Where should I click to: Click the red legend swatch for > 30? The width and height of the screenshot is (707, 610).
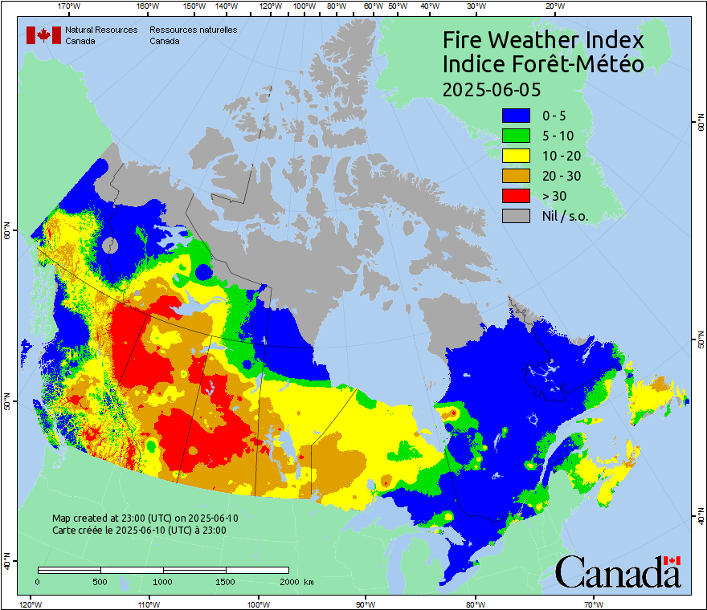(x=517, y=196)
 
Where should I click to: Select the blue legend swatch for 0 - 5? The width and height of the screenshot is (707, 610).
(x=517, y=116)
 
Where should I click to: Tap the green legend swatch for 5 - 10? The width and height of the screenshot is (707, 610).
(x=517, y=136)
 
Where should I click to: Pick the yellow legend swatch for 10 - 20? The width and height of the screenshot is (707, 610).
(x=517, y=156)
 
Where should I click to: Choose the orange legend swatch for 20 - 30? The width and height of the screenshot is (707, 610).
(x=517, y=176)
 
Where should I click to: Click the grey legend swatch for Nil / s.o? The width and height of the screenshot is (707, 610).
(x=517, y=216)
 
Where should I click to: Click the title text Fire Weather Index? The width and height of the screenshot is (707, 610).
(x=543, y=40)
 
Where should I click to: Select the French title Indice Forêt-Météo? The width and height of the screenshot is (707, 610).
(x=543, y=64)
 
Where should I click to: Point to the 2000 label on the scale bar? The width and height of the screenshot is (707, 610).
(x=288, y=581)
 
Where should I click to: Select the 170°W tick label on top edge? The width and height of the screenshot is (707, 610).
(x=70, y=6)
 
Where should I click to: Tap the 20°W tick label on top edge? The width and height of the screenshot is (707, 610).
(x=553, y=6)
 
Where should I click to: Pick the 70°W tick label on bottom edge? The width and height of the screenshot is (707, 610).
(x=594, y=604)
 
